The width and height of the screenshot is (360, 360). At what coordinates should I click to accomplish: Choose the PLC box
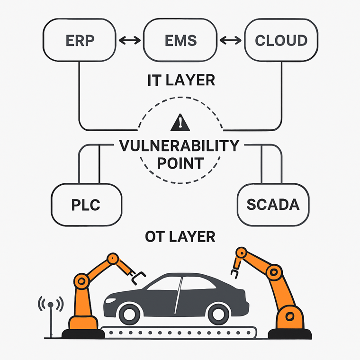86,205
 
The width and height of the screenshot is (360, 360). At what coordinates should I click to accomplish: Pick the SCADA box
272,205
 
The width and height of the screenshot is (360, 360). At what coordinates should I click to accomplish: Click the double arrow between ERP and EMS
128,41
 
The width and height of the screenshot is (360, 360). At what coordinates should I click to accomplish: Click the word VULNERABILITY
180,145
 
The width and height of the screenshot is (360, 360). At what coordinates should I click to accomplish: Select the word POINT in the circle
180,163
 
